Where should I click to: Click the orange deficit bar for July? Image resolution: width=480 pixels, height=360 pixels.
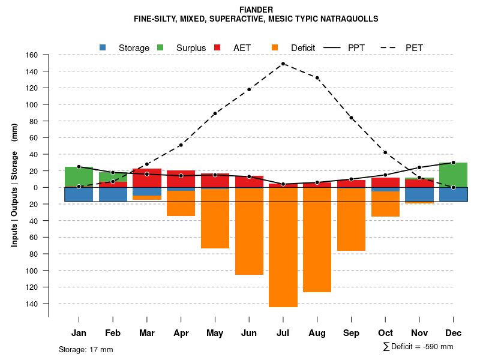click(283, 247)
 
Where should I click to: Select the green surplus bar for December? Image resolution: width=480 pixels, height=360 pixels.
click(453, 175)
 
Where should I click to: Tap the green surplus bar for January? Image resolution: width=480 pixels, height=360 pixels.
click(79, 176)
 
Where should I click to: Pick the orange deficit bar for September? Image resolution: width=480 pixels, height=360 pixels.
click(351, 219)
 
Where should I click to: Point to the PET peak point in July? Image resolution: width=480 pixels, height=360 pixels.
click(283, 64)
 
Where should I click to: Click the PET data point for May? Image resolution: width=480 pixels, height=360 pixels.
click(215, 113)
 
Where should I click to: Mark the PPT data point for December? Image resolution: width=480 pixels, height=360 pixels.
click(453, 163)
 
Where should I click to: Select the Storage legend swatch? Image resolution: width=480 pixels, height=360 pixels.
click(103, 47)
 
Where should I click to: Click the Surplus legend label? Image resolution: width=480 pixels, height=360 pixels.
click(191, 48)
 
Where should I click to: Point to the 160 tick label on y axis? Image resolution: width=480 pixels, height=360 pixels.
click(32, 55)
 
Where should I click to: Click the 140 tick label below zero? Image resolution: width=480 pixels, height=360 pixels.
click(32, 304)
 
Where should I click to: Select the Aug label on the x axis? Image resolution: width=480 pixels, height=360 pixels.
click(317, 333)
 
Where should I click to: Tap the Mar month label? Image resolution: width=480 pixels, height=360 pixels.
click(147, 333)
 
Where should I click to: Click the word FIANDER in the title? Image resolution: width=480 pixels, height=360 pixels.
click(256, 10)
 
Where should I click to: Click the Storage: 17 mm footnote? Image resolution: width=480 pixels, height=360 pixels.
click(86, 349)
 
